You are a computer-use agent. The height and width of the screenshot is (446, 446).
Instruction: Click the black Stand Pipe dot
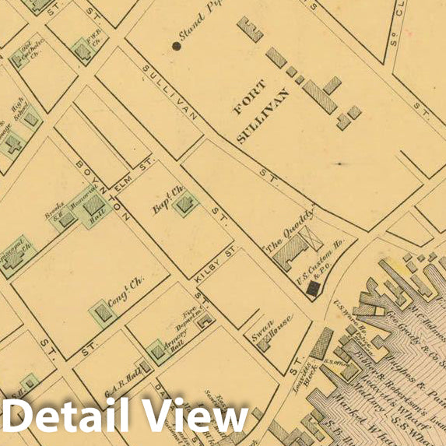pyautogui.click(x=177, y=46)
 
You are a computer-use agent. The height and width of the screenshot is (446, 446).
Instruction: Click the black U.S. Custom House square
pyautogui.click(x=313, y=289)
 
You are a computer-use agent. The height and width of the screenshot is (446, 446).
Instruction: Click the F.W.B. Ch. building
pyautogui.click(x=83, y=51)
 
